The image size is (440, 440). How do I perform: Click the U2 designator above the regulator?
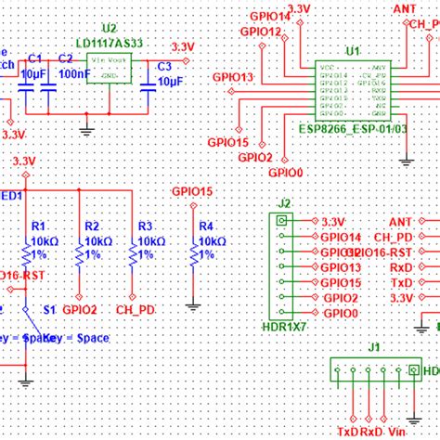[110, 29]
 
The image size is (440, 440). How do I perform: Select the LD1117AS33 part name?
[110, 43]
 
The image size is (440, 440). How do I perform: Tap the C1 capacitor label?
[35, 58]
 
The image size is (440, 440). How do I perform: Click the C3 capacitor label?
[163, 66]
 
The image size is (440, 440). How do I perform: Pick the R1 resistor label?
[38, 226]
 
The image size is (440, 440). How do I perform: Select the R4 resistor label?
[206, 226]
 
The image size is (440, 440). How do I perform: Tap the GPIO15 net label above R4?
[192, 191]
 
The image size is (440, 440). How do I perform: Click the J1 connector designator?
[372, 348]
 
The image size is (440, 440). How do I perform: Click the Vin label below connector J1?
[396, 432]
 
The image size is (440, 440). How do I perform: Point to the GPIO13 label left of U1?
[232, 77]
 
